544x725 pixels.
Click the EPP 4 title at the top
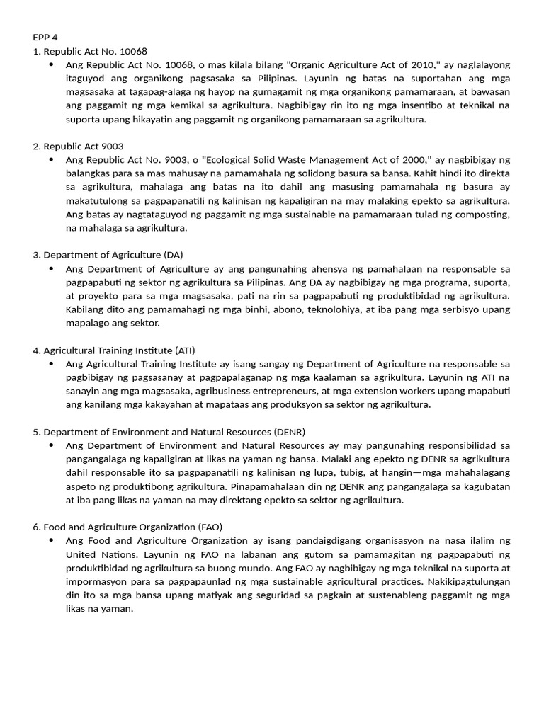coord(45,38)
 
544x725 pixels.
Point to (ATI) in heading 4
coord(183,350)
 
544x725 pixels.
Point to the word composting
coord(483,214)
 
